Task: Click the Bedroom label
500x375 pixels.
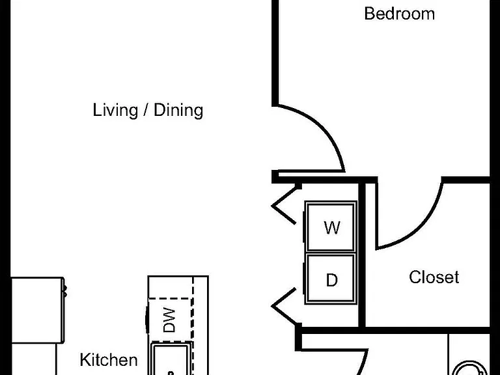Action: tap(399, 14)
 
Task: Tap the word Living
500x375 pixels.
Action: tap(115, 110)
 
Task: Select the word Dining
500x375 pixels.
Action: tap(178, 110)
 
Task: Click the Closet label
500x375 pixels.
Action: tap(434, 277)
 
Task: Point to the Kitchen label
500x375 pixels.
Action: tap(109, 360)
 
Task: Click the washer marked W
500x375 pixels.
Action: tap(331, 226)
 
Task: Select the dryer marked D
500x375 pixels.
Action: tap(331, 279)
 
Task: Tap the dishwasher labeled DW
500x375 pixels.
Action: tap(170, 320)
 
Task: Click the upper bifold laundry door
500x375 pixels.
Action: tap(285, 204)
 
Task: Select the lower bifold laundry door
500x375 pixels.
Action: tap(285, 306)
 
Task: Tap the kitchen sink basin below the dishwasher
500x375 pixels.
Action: tap(172, 359)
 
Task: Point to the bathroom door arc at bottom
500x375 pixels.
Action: tap(363, 363)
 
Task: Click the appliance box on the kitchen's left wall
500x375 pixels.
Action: tap(38, 311)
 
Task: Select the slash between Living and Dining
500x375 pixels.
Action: tap(146, 110)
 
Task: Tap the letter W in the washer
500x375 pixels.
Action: tap(332, 228)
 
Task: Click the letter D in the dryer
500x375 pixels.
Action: tap(332, 280)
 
